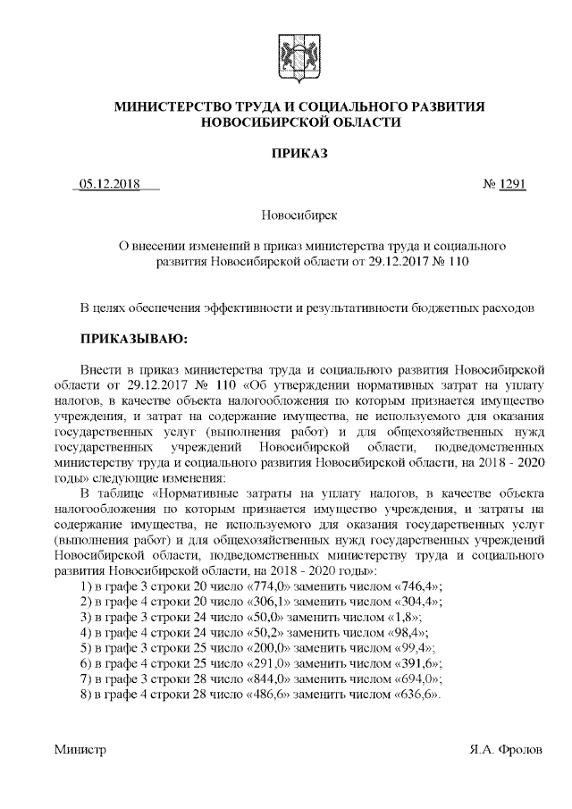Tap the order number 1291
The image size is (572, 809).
coord(512,184)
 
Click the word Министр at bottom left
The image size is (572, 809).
coord(80,750)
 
